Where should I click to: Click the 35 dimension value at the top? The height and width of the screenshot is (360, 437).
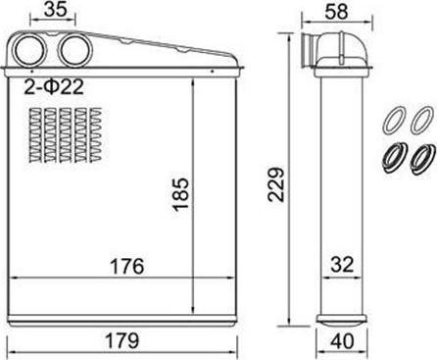[55, 9]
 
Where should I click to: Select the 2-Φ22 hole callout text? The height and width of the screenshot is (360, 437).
[54, 87]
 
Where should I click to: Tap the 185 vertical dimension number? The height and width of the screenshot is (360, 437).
[180, 194]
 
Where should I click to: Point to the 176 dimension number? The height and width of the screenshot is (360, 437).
[127, 266]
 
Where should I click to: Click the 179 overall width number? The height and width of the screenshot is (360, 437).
[122, 340]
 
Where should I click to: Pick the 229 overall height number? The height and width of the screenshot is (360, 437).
[276, 184]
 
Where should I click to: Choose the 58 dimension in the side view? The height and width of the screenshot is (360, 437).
[336, 11]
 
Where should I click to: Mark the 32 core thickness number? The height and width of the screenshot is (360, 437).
[342, 264]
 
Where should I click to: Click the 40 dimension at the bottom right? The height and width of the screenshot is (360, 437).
[342, 341]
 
